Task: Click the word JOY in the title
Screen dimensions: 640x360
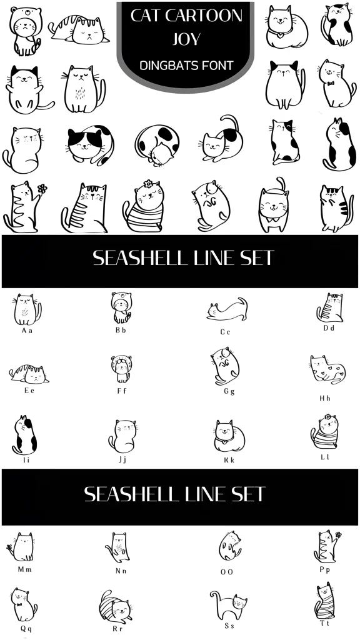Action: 186,39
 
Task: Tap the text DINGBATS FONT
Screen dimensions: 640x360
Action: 186,64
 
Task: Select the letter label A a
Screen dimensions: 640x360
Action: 27,330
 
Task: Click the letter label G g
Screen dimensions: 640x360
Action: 229,392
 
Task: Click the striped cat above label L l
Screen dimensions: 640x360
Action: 324,433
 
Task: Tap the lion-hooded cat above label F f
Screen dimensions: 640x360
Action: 121,369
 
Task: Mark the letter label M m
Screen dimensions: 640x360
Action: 24,569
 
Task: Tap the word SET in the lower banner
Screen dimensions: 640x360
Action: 247,494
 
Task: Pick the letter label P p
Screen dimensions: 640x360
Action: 324,569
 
